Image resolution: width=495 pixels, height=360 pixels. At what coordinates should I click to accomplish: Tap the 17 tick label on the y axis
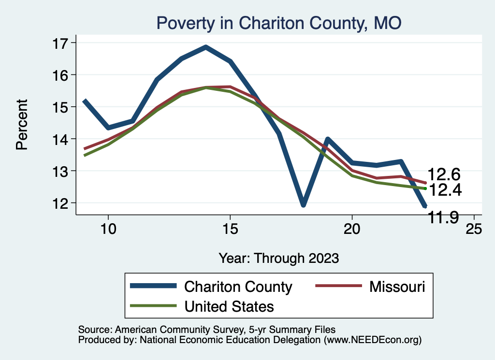pyautogui.click(x=61, y=43)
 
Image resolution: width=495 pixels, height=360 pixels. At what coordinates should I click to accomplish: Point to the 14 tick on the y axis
pyautogui.click(x=61, y=139)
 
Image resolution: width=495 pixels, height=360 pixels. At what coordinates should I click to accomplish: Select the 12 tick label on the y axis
pyautogui.click(x=61, y=203)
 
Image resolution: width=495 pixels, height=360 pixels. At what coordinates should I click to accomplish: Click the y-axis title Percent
pyautogui.click(x=22, y=124)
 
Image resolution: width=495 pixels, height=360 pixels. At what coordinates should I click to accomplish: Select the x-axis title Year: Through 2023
pyautogui.click(x=278, y=258)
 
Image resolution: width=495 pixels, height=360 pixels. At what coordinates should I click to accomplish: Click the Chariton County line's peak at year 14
pyautogui.click(x=205, y=47)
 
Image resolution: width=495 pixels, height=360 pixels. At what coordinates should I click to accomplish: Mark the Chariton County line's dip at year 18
pyautogui.click(x=303, y=205)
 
